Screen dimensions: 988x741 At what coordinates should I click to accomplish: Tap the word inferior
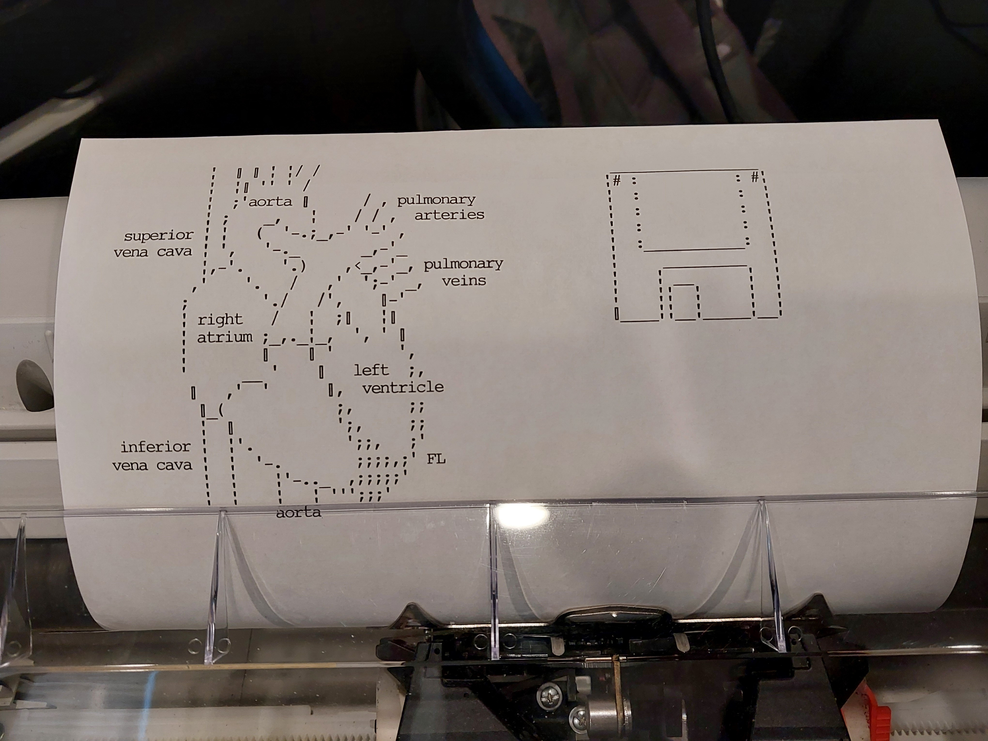click(x=155, y=447)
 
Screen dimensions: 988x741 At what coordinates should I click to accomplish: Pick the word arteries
click(x=449, y=215)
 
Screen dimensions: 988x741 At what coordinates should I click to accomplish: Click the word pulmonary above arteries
click(x=436, y=200)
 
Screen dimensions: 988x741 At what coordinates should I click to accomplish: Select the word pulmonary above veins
click(x=463, y=264)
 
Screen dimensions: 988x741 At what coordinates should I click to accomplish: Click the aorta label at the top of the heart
click(x=270, y=202)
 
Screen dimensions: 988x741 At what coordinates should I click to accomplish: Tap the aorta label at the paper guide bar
click(x=298, y=512)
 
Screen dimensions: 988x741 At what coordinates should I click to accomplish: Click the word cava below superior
click(x=174, y=252)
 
